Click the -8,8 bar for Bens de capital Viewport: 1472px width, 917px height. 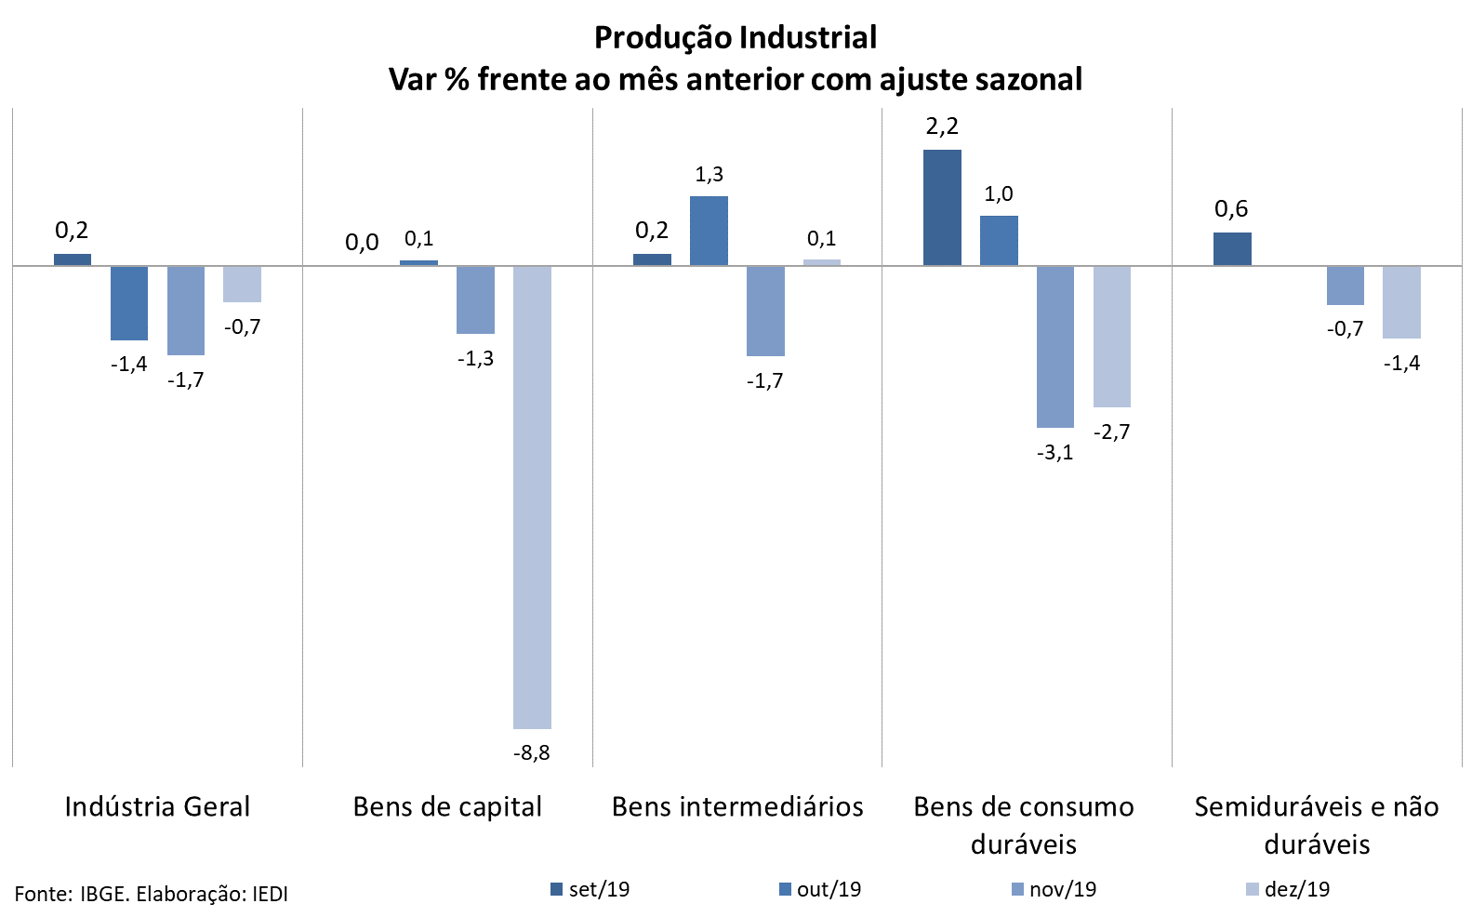pos(532,497)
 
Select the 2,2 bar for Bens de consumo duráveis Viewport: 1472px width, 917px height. pos(942,207)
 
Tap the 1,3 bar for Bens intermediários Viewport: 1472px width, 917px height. pos(709,231)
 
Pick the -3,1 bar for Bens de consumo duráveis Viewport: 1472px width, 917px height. pos(1055,346)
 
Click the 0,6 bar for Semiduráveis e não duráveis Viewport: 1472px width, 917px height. pos(1232,248)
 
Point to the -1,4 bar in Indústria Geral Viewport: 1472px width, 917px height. pos(129,302)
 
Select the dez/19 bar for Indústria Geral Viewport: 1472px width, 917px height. pos(242,284)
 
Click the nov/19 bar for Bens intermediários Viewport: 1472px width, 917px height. pos(765,311)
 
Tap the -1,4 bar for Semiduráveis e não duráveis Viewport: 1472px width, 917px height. pos(1401,301)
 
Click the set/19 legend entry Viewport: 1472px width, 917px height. pos(590,889)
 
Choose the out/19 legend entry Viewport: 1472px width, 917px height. pos(820,889)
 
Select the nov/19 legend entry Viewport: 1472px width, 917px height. pos(1054,889)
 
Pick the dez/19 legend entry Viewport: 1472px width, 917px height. pos(1288,889)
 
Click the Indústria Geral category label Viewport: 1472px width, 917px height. pos(157,806)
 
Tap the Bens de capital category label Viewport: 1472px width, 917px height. pos(447,806)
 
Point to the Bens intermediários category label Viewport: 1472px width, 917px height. pos(737,806)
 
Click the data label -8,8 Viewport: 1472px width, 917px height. pos(532,752)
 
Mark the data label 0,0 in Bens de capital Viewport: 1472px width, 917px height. pos(362,243)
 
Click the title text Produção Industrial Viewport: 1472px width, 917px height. pos(736,37)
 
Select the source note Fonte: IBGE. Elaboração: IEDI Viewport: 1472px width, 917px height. pos(152,895)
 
